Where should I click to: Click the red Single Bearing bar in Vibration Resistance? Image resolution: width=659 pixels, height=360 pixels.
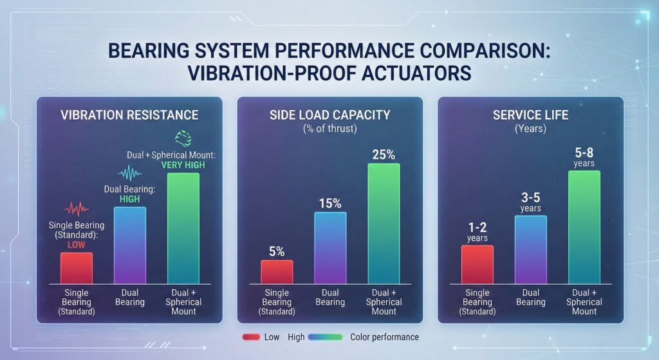(77, 267)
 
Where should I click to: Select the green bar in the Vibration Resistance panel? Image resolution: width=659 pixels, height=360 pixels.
(183, 228)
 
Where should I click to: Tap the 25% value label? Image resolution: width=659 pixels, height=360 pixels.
(384, 155)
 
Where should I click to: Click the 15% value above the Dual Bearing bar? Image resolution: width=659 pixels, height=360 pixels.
(330, 203)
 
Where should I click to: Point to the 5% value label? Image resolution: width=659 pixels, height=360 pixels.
(277, 251)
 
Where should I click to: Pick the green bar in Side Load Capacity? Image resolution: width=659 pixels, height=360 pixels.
(384, 223)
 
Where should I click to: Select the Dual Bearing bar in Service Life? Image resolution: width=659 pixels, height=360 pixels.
(530, 250)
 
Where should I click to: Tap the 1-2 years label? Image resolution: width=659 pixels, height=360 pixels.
(477, 232)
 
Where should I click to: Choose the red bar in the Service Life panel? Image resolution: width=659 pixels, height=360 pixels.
(477, 264)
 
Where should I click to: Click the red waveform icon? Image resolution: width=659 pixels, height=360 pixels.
(77, 209)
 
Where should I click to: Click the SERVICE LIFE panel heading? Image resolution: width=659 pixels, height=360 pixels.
(530, 115)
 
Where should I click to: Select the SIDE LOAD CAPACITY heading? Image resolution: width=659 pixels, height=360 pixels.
(329, 115)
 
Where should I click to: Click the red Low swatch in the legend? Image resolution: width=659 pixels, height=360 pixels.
(252, 337)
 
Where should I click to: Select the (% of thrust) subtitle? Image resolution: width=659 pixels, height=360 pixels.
(329, 128)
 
